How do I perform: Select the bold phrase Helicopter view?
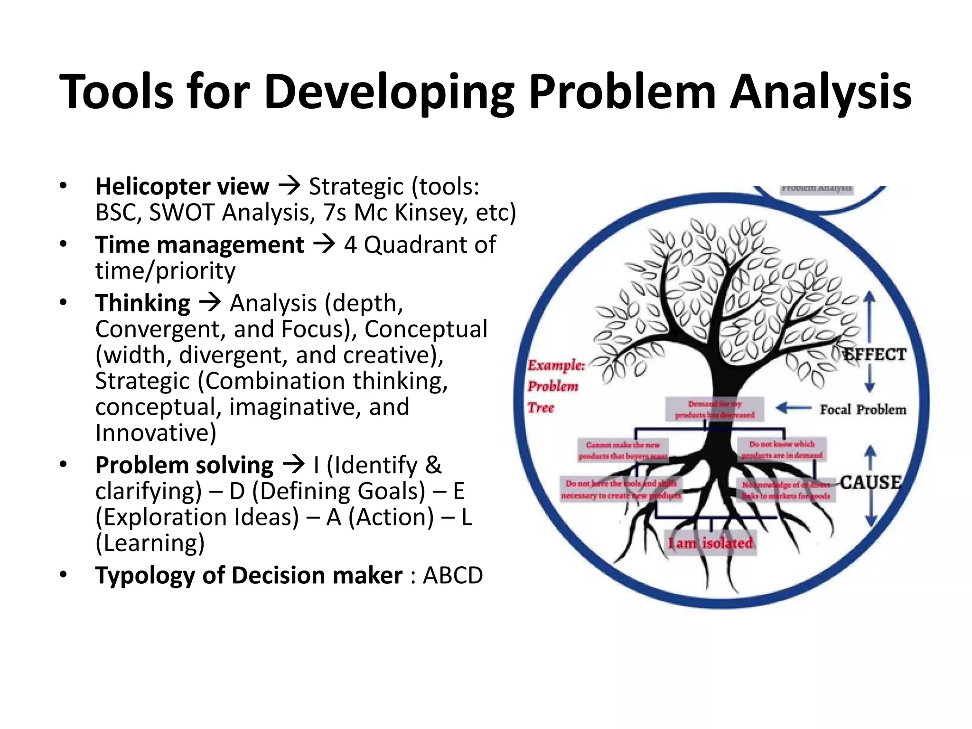(x=182, y=187)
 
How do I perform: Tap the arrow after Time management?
(x=324, y=245)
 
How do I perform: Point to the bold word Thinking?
(x=143, y=303)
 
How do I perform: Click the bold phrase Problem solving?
(x=184, y=465)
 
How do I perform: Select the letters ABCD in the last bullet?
(x=453, y=576)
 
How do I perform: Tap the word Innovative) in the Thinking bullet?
(x=156, y=433)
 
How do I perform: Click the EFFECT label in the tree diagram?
(x=874, y=355)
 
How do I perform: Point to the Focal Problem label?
(x=863, y=410)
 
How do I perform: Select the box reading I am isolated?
(x=710, y=543)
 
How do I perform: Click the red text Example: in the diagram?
(x=556, y=365)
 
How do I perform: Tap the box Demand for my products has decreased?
(x=715, y=409)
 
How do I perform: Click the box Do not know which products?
(x=782, y=449)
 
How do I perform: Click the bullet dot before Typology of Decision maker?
(x=64, y=575)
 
